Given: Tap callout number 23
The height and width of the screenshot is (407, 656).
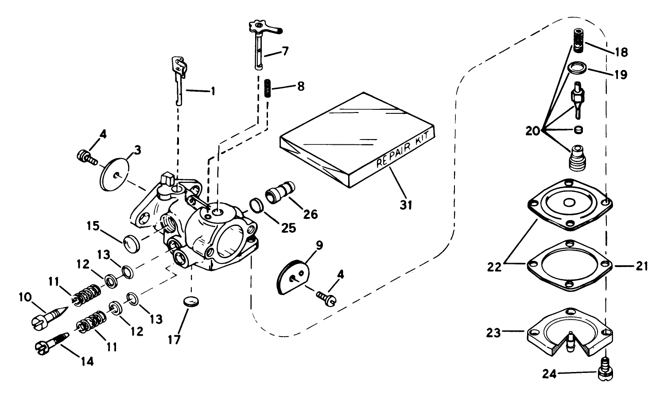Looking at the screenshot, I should point(493,332).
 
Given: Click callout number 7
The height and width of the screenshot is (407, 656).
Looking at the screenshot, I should point(284,51).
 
